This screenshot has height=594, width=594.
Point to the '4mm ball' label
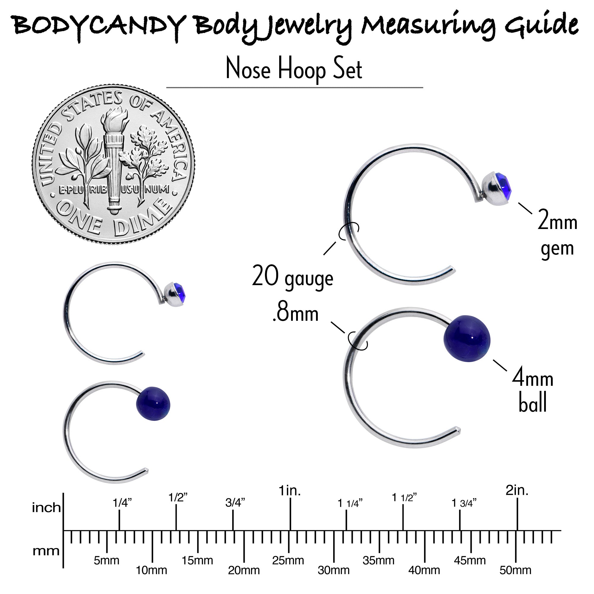pos(533,391)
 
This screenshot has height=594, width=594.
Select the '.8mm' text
pos(296,314)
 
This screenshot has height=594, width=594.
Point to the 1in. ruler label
pos(290,491)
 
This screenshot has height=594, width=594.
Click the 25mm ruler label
pos(288,560)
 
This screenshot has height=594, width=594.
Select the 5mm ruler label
pos(107,560)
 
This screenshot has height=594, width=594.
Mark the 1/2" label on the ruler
pos(178,497)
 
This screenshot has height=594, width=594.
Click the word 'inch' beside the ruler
pos(46,508)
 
